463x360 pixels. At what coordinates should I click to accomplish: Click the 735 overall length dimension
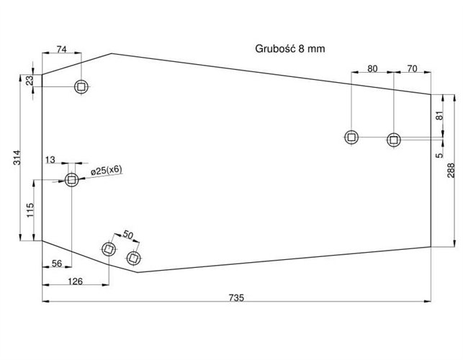(237, 296)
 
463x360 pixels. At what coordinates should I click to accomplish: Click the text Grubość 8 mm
(290, 49)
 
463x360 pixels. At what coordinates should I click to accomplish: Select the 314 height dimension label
(17, 158)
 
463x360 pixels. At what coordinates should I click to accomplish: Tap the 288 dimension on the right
(451, 170)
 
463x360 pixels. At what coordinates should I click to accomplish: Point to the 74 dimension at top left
(61, 49)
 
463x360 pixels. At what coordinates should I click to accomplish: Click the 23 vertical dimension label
(30, 81)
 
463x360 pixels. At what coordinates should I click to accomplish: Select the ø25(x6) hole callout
(107, 170)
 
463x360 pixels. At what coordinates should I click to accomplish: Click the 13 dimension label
(50, 159)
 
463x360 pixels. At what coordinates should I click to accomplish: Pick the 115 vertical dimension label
(30, 211)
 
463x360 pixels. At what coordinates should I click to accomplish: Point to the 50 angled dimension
(128, 234)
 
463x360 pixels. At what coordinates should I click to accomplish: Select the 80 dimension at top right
(372, 68)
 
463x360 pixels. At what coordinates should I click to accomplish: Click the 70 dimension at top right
(412, 68)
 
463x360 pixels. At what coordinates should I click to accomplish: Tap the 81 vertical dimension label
(439, 115)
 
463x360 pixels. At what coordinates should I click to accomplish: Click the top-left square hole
(81, 87)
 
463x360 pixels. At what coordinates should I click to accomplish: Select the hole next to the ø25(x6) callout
(71, 180)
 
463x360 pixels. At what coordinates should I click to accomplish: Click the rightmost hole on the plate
(394, 139)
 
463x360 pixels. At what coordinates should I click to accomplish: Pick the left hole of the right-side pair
(351, 137)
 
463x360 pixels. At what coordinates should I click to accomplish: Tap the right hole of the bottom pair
(133, 257)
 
